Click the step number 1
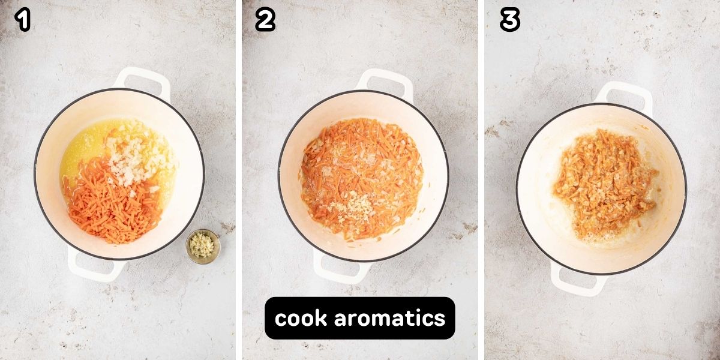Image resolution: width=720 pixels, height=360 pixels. [23, 20]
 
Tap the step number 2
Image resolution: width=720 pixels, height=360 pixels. [265, 20]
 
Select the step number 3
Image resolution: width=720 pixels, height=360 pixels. [510, 20]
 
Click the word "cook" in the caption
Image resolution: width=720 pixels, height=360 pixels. [301, 318]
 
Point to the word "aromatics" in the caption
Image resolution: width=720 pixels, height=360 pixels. [390, 318]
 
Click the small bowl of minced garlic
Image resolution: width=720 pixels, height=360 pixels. [203, 247]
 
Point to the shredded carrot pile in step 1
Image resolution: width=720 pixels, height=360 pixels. [113, 206]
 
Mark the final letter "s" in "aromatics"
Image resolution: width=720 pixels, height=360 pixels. [440, 320]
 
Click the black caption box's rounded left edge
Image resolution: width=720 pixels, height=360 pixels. [265, 318]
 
